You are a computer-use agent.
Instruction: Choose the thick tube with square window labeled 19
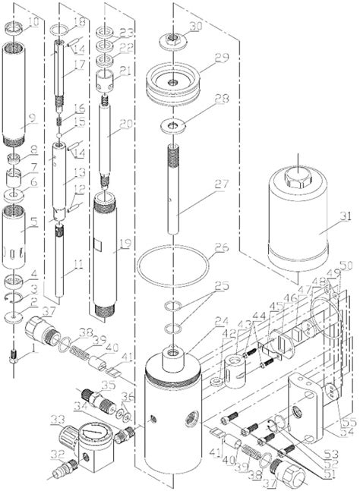106,258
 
